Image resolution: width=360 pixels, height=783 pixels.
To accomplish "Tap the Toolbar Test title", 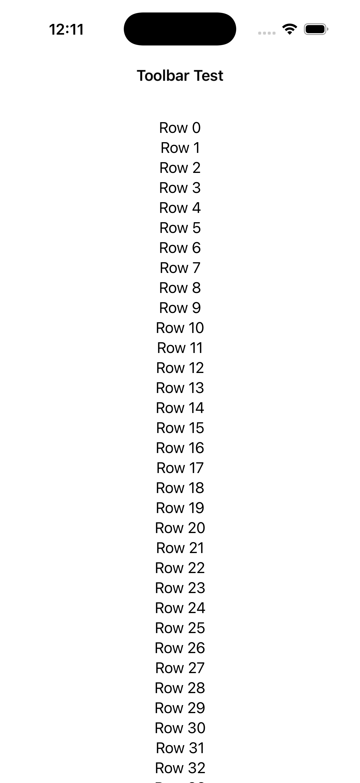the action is click(180, 75).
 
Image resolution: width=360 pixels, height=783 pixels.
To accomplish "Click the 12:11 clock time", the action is click(66, 30).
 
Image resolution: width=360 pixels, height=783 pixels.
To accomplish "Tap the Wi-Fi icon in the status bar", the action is click(290, 29).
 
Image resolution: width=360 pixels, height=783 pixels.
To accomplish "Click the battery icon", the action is click(316, 29).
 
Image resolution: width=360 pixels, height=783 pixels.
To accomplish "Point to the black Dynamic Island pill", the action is click(180, 29).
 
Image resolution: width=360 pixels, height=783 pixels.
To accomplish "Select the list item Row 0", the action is click(180, 128).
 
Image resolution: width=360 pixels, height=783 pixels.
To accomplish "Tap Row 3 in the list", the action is click(180, 188).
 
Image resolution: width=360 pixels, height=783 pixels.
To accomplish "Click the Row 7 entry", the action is click(180, 268).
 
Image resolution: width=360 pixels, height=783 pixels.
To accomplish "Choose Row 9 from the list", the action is click(180, 308).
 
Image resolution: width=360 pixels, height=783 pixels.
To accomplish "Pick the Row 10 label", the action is click(180, 328).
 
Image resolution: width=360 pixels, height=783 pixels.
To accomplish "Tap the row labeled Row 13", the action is click(180, 388).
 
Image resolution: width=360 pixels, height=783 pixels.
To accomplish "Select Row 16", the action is click(180, 448).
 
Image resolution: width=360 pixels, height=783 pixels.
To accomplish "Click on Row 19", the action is click(180, 508).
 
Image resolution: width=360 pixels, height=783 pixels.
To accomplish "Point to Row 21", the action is click(180, 548).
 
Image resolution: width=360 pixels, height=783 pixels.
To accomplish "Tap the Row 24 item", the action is click(180, 608).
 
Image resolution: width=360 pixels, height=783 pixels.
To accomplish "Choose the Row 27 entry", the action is click(180, 668).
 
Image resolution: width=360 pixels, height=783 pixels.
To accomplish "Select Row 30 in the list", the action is click(180, 728).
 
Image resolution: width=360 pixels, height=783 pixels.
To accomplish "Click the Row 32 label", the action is click(180, 768).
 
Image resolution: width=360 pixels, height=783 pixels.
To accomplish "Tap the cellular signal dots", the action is click(267, 33).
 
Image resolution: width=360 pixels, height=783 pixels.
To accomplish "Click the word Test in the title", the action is click(209, 75).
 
